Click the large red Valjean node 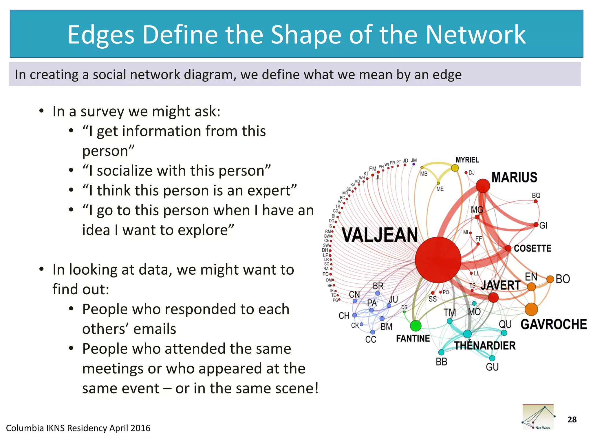tap(438, 260)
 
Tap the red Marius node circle tap(483, 186)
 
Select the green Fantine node tap(416, 326)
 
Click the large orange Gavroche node tap(531, 309)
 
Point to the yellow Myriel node tap(455, 168)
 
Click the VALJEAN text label tap(380, 235)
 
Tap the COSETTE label tap(532, 248)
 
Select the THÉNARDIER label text tap(485, 345)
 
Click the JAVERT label tap(500, 285)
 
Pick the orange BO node tap(550, 279)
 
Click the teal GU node tap(492, 358)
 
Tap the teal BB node tap(441, 352)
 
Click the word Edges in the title tap(101, 35)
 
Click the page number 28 tap(572, 420)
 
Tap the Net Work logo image tap(538, 417)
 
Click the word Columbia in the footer tap(25, 428)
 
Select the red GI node tap(536, 225)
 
